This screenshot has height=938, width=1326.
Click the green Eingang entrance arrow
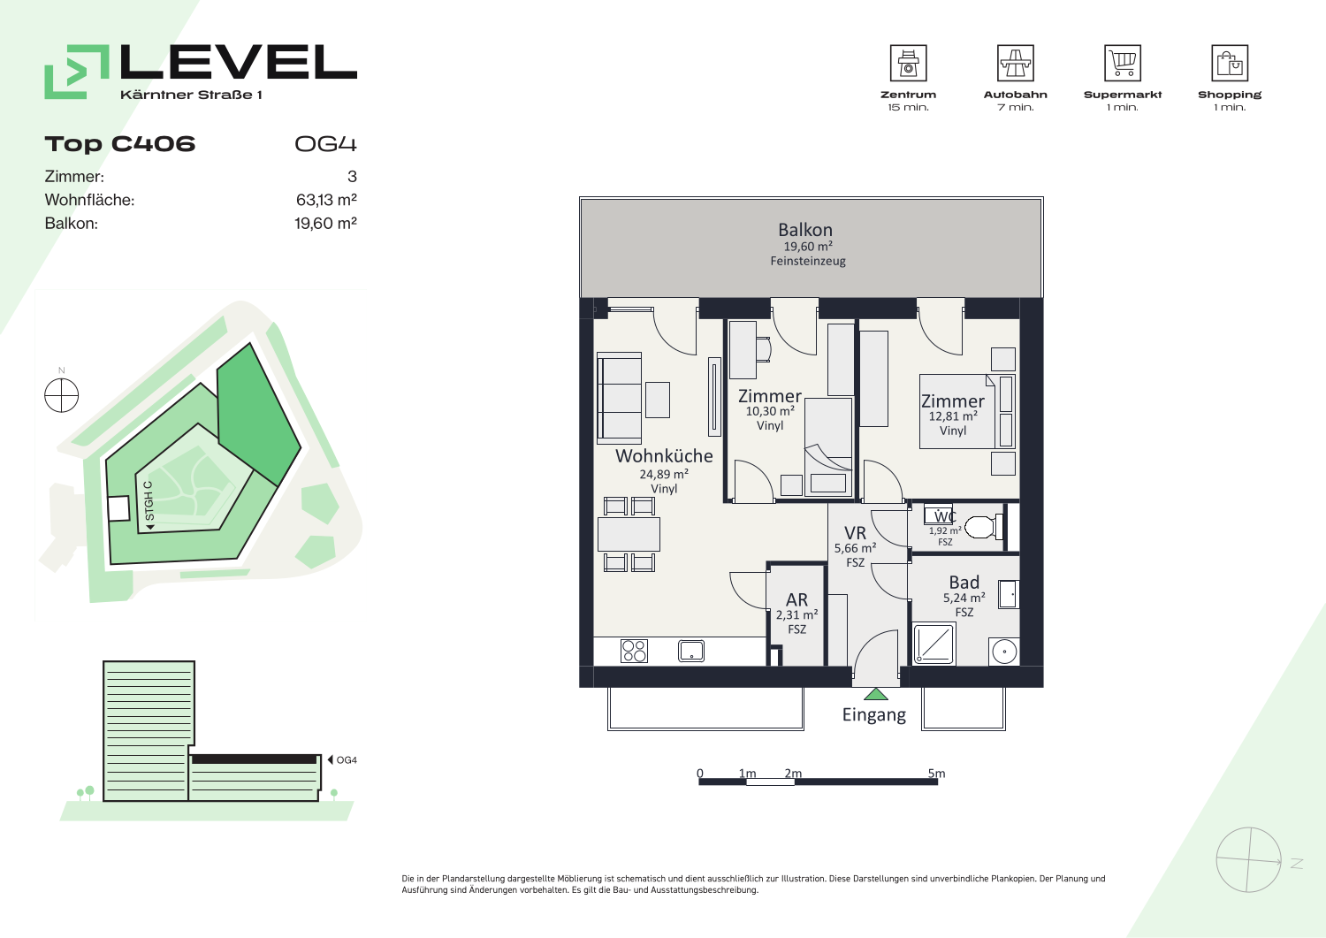pyautogui.click(x=875, y=694)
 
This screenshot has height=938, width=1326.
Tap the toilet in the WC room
pyautogui.click(x=984, y=526)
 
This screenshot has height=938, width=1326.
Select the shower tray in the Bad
pyautogui.click(x=934, y=644)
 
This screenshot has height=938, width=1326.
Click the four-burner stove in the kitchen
pyautogui.click(x=634, y=651)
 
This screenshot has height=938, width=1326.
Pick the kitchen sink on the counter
pyautogui.click(x=690, y=651)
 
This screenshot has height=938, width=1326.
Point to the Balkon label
pyautogui.click(x=805, y=230)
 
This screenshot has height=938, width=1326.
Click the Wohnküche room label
pyautogui.click(x=664, y=456)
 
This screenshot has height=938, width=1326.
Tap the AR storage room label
pyautogui.click(x=796, y=599)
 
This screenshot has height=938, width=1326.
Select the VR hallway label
pyautogui.click(x=855, y=533)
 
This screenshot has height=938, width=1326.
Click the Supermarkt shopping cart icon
pyautogui.click(x=1123, y=63)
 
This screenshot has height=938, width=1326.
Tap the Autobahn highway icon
pyautogui.click(x=1015, y=63)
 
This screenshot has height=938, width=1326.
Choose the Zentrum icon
pyautogui.click(x=908, y=63)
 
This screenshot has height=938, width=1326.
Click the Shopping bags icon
pyautogui.click(x=1230, y=63)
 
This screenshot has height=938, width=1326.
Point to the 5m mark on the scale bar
pyautogui.click(x=936, y=774)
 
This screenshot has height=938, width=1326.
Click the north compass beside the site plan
pyautogui.click(x=62, y=395)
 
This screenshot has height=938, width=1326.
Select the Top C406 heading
pyautogui.click(x=120, y=144)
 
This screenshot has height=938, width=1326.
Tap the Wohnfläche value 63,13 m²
pyautogui.click(x=326, y=200)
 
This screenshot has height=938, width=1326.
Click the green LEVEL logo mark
pyautogui.click(x=77, y=72)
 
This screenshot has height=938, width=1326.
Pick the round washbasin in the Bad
pyautogui.click(x=1004, y=652)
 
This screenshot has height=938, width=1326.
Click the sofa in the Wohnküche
pyautogui.click(x=619, y=398)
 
